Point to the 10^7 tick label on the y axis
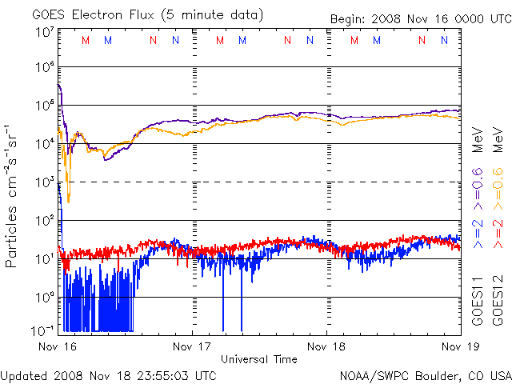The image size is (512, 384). pos(45,32)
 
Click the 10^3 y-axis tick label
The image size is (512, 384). pos(45,182)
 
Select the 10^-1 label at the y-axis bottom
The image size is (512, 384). pos(42,330)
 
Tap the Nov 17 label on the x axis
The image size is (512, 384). pos(192,346)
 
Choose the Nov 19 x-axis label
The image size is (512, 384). pos(461,346)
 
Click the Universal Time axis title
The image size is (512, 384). pos(259,359)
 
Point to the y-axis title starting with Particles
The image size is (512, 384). pos(10,196)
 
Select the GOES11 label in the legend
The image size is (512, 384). pos(477,301)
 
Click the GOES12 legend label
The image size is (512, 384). pos(498,301)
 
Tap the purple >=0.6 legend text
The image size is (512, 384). pos(477,189)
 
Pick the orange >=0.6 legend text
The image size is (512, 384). pos(498,189)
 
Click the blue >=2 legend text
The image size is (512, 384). pos(477,234)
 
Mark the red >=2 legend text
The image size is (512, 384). pos(498,234)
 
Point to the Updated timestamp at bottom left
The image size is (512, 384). pos(109,376)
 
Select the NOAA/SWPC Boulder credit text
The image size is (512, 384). pos(426,376)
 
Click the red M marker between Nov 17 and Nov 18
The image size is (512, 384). pos(220,40)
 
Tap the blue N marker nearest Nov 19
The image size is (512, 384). pos(444,40)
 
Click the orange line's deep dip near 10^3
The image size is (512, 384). pos(68,202)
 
